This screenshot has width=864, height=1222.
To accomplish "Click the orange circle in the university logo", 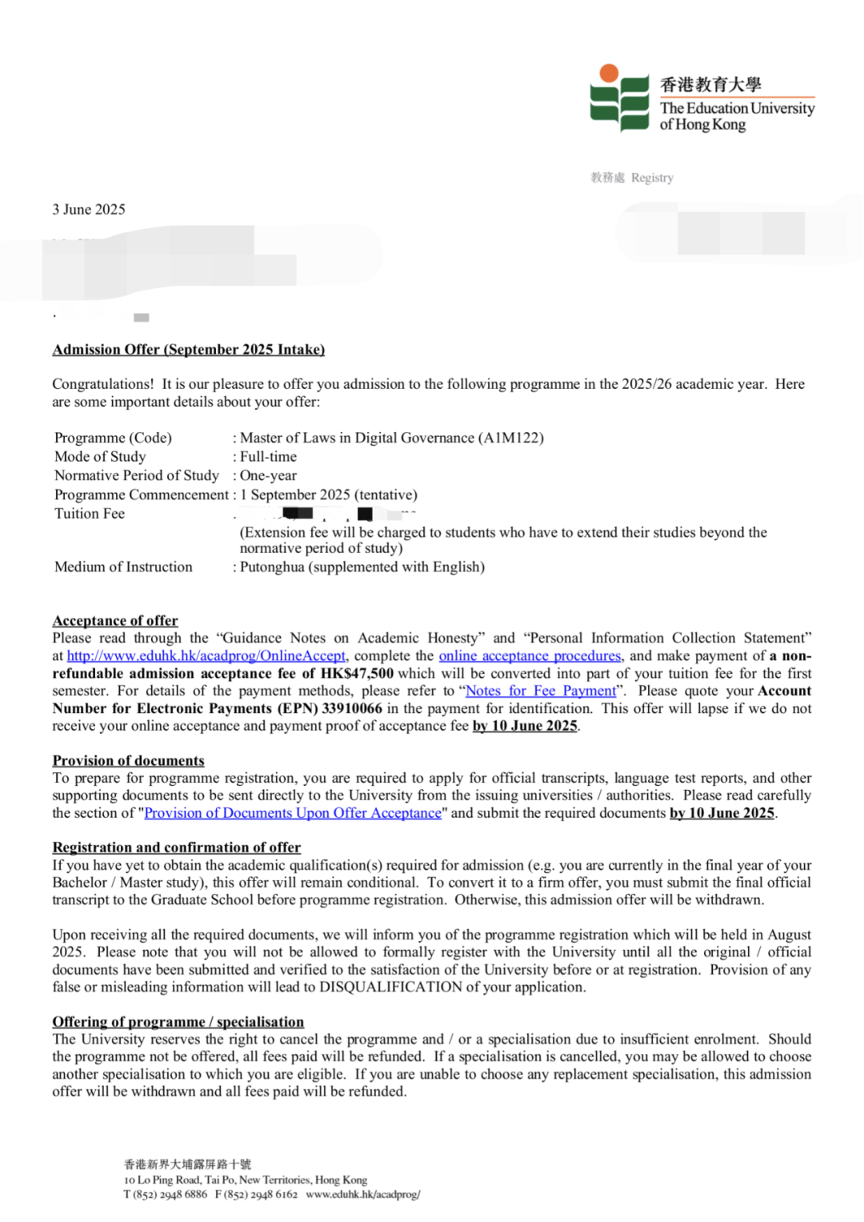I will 609,74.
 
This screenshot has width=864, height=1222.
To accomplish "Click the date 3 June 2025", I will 89,210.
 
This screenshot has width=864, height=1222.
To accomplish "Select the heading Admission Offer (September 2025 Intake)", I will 189,350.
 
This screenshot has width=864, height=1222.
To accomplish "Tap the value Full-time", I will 268,457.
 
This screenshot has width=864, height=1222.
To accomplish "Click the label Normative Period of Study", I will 136,475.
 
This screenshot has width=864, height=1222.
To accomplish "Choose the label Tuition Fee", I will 90,514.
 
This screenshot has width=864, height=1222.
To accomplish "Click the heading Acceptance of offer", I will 115,621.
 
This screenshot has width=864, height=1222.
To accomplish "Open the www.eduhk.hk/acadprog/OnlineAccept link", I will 206,656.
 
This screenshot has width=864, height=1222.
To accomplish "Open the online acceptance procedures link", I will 530,656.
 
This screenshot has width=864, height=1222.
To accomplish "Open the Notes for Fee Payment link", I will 541,691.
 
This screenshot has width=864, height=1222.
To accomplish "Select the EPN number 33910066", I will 352,709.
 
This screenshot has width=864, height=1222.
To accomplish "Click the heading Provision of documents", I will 128,761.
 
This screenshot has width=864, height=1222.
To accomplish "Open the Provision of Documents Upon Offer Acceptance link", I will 293,814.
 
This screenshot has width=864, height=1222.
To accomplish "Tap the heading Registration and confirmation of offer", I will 177,847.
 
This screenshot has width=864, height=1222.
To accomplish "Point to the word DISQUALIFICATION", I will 390,988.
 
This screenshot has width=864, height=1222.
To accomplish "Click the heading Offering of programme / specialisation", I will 178,1022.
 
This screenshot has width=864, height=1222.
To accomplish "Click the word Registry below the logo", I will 652,178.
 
